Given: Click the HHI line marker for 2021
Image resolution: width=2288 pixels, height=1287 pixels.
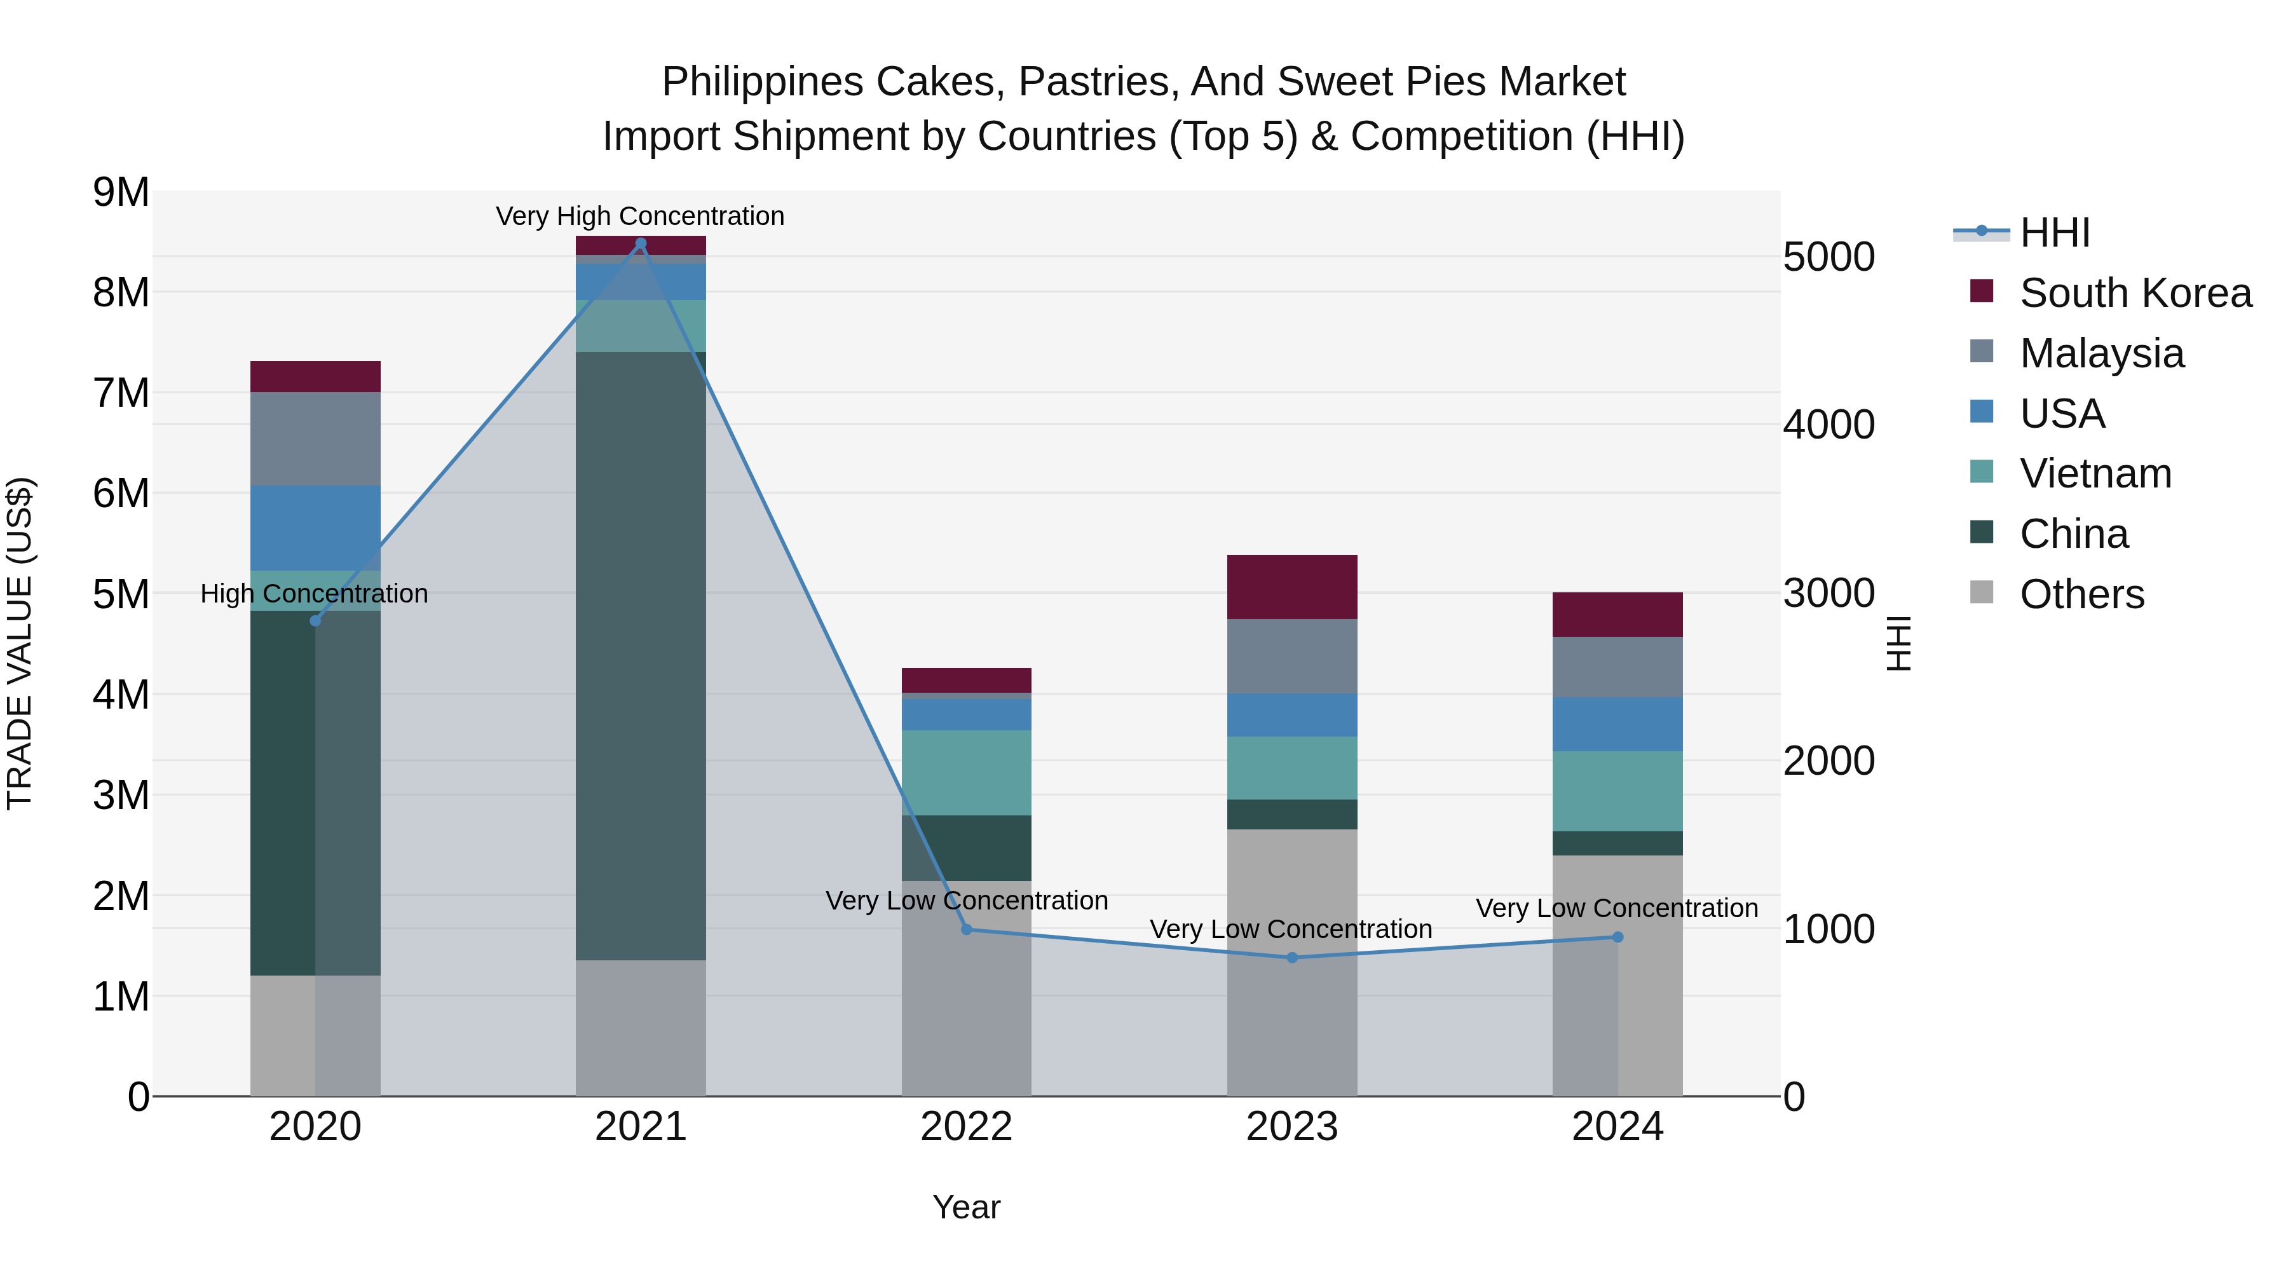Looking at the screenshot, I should click(x=641, y=243).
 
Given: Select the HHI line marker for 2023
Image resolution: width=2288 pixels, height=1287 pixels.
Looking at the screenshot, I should click(x=1292, y=958).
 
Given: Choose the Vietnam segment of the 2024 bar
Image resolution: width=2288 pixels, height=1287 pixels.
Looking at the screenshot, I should click(x=1617, y=791).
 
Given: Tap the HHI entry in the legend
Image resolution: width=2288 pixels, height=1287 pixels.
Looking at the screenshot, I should click(x=2053, y=233).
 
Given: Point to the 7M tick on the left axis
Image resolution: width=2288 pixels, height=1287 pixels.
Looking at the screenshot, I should click(x=121, y=393).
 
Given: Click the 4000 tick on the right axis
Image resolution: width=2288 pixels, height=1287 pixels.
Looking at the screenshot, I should click(x=1828, y=425).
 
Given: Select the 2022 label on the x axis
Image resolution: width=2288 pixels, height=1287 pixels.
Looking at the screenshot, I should click(x=966, y=1127).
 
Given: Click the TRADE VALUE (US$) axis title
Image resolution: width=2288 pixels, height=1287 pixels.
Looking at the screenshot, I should click(x=20, y=643).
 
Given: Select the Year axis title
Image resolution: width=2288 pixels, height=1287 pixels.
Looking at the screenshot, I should click(x=966, y=1207).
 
